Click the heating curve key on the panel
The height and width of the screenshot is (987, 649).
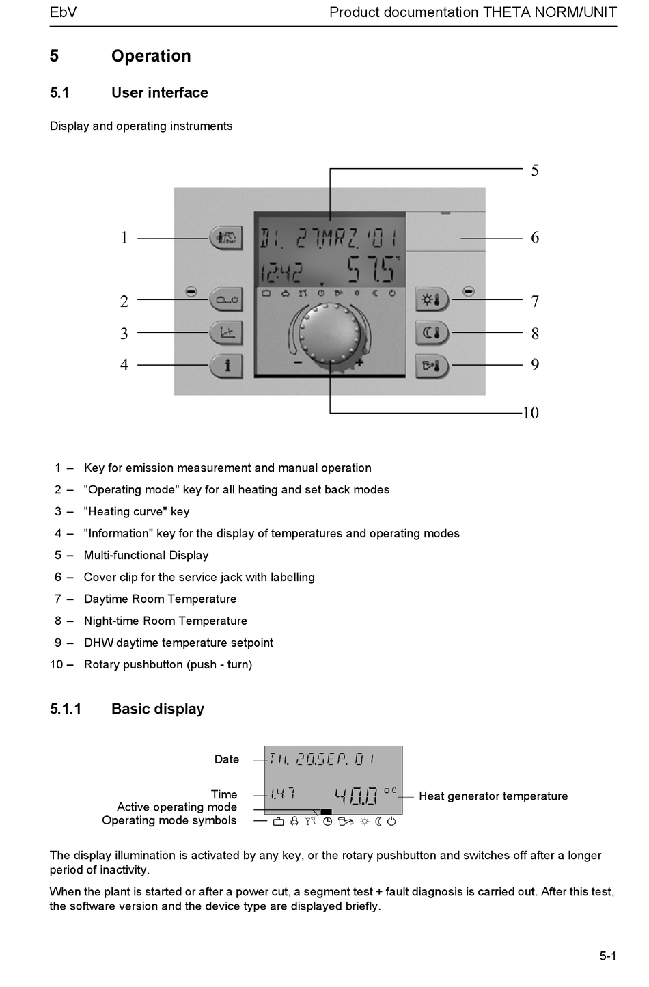tap(226, 333)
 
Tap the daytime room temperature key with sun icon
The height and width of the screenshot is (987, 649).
tap(432, 299)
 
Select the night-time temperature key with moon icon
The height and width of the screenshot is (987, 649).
tap(432, 333)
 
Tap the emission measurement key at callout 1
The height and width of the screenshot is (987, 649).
tap(226, 238)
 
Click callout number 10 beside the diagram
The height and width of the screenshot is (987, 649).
tap(531, 413)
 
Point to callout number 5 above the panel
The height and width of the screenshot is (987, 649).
tap(535, 170)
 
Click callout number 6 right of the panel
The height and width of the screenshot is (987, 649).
tap(535, 237)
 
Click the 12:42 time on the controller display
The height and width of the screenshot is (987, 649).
tap(281, 273)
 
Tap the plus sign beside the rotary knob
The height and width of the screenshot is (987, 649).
tap(359, 364)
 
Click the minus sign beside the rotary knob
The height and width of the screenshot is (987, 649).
tap(298, 363)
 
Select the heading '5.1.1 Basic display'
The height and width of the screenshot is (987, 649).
tap(127, 709)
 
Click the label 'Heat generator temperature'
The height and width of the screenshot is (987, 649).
tap(493, 796)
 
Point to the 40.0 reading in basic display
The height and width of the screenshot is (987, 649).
tap(357, 796)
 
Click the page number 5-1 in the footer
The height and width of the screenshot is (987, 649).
tap(608, 956)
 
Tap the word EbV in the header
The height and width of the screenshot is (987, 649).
tap(64, 12)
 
